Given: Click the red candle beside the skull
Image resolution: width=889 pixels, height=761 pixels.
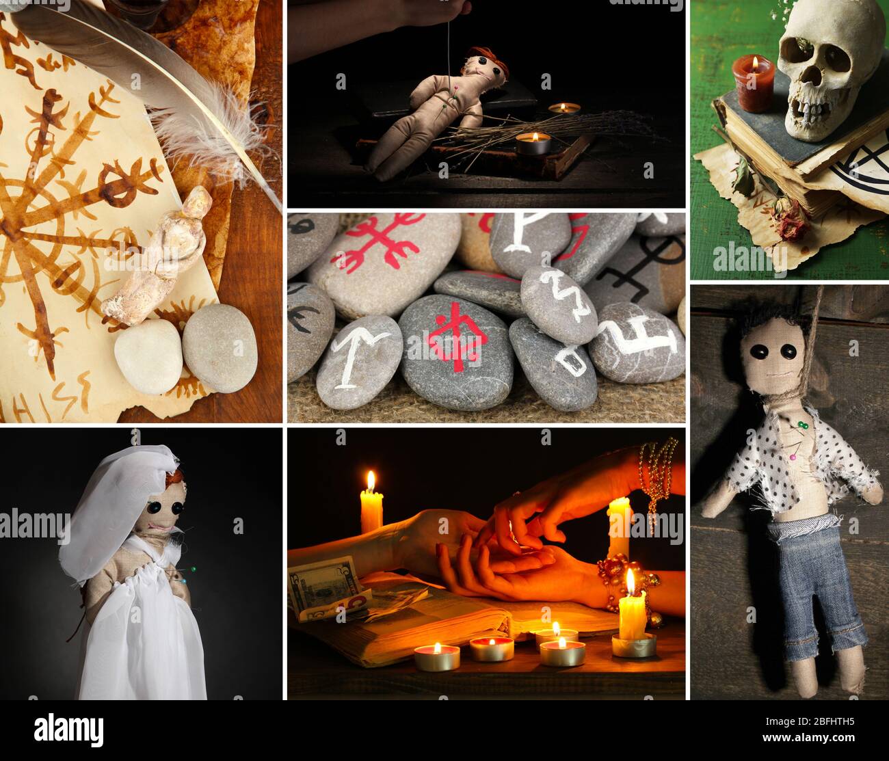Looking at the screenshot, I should [x=753, y=83].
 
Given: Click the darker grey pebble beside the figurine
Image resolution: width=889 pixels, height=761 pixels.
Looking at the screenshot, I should [x=220, y=347].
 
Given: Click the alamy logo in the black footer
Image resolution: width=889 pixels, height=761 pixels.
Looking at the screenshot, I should [x=68, y=730].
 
